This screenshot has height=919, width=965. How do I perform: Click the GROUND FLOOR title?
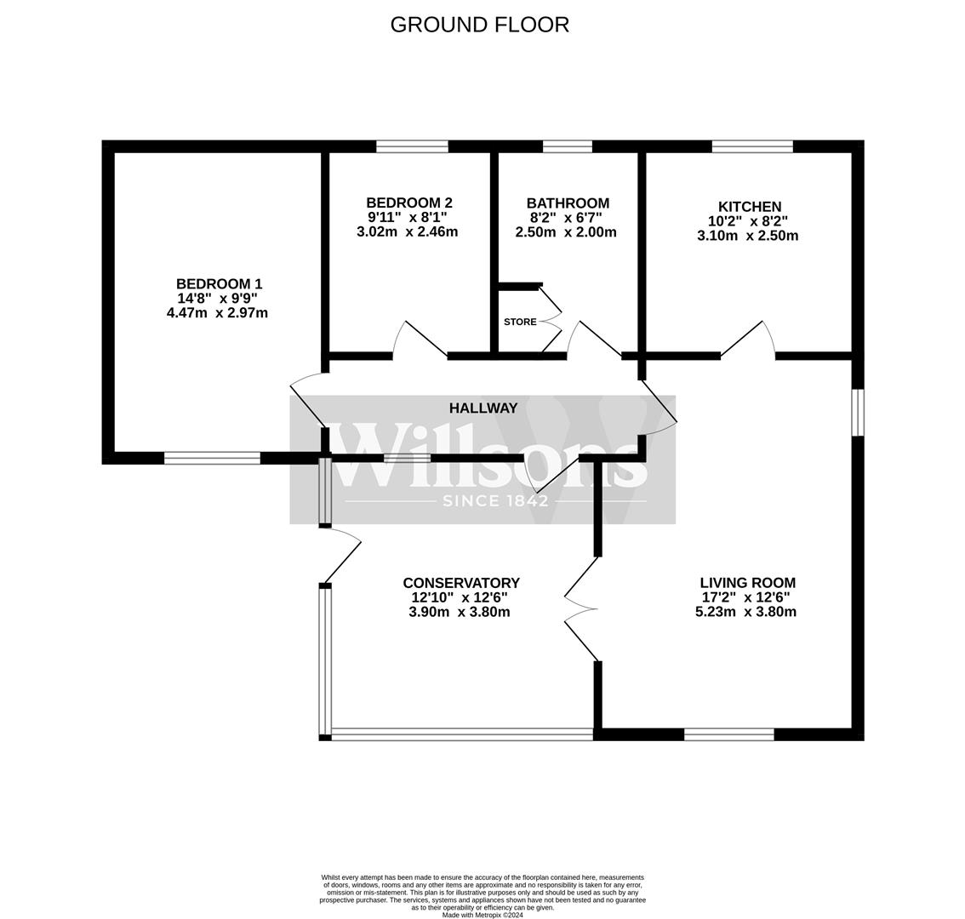479,25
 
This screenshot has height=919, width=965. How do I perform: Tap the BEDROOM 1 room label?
219,284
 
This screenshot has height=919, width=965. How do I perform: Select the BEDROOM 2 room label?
408,203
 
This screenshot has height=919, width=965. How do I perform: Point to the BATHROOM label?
568,203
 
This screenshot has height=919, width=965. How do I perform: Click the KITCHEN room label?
749,207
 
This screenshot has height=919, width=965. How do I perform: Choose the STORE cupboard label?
520,322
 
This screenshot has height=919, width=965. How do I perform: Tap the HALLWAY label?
482,408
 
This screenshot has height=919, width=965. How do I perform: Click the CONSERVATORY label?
460,583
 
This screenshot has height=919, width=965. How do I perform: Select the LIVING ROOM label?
747,583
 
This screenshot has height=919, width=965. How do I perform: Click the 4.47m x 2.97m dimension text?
218,313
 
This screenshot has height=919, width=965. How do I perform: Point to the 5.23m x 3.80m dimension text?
745,612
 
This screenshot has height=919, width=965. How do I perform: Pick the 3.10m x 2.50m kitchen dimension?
747,236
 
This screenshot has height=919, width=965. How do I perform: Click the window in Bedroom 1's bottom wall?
212,458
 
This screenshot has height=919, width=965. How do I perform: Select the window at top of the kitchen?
752,146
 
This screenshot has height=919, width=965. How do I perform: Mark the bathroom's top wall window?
567,146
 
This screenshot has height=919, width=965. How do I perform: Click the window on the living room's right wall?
858,413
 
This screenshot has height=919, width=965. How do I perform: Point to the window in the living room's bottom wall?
729,734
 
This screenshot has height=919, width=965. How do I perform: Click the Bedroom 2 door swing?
420,339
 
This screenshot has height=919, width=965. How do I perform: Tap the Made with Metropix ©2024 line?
482,915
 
